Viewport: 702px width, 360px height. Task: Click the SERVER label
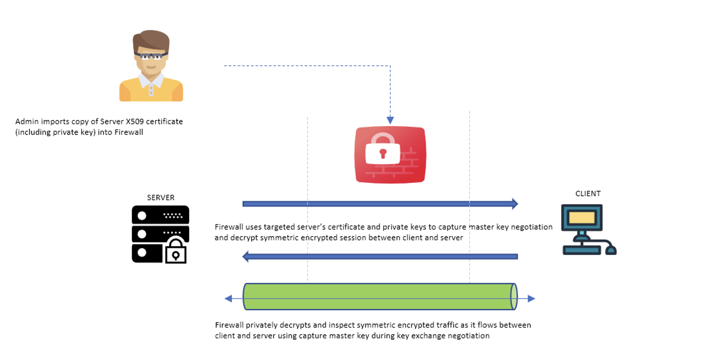pyautogui.click(x=160, y=198)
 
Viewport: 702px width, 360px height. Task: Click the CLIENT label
pyautogui.click(x=587, y=194)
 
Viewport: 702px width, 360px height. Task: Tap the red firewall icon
pyautogui.click(x=390, y=155)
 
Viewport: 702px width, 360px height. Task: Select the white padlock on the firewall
pyautogui.click(x=382, y=150)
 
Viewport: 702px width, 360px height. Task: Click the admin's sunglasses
pyautogui.click(x=151, y=56)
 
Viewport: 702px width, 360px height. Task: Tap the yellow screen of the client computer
pyautogui.click(x=582, y=217)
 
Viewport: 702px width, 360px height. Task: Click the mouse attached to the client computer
pyautogui.click(x=611, y=250)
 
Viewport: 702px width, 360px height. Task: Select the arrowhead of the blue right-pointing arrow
pyautogui.click(x=515, y=204)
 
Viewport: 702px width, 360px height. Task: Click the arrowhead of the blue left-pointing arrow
pyautogui.click(x=246, y=256)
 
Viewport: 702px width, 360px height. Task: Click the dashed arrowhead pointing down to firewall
pyautogui.click(x=390, y=120)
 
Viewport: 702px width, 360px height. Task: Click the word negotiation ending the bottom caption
pyautogui.click(x=469, y=336)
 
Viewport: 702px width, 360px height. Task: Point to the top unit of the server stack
pyautogui.click(x=160, y=215)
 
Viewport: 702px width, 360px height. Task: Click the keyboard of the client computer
pyautogui.click(x=582, y=250)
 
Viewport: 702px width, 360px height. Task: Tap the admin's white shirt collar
pyautogui.click(x=151, y=80)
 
